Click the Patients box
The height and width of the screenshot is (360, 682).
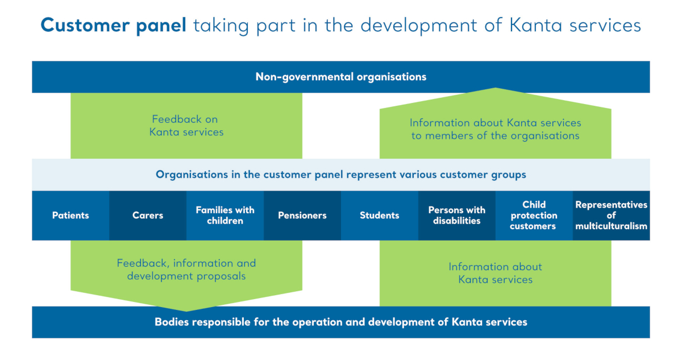[x=70, y=216]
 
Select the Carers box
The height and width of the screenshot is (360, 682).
[x=148, y=216]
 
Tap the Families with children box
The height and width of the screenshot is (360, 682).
[x=225, y=216]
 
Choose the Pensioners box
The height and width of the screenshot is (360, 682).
[x=302, y=216]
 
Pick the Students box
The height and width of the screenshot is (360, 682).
[x=380, y=216]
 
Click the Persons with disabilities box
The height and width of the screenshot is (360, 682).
[x=457, y=216]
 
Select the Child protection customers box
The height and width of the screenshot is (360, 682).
[x=534, y=216]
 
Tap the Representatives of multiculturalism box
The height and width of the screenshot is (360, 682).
[x=612, y=216]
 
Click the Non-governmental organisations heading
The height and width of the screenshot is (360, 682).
[x=341, y=76]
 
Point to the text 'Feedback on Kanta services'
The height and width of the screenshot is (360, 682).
[x=186, y=126]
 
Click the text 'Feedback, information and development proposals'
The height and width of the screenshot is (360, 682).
[x=186, y=270]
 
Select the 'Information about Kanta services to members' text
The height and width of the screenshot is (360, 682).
[x=496, y=129]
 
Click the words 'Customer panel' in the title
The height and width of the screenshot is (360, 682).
[x=114, y=26]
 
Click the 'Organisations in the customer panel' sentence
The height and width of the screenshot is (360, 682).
[x=341, y=175]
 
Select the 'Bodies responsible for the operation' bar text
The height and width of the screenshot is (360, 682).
[x=341, y=322]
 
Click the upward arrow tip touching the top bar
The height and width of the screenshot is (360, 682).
[x=496, y=89]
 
